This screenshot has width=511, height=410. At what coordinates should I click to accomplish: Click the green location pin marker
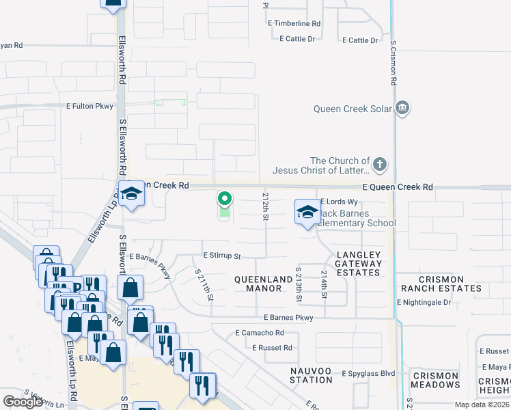pos(223,200)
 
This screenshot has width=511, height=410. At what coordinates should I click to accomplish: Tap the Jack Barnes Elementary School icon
pos(308,212)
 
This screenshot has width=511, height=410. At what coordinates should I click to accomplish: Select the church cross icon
pos(381,165)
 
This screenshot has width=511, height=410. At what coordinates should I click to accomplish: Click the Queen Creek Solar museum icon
pos(402,107)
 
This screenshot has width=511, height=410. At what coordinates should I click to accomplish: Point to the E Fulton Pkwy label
pos(89,106)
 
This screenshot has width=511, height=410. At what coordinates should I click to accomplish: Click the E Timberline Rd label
pos(294,23)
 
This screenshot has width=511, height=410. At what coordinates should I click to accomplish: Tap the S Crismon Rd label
pos(393,62)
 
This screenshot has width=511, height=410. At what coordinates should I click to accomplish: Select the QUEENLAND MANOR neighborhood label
pos(258,284)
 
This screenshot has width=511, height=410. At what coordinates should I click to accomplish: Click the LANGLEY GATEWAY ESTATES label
pos(359,264)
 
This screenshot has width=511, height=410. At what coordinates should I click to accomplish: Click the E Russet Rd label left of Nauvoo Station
pos(272,348)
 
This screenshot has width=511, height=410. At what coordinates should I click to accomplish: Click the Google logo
pos(23,402)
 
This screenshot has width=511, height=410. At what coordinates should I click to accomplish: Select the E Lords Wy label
pos(340,202)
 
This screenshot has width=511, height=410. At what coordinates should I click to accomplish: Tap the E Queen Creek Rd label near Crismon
pos(398,187)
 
